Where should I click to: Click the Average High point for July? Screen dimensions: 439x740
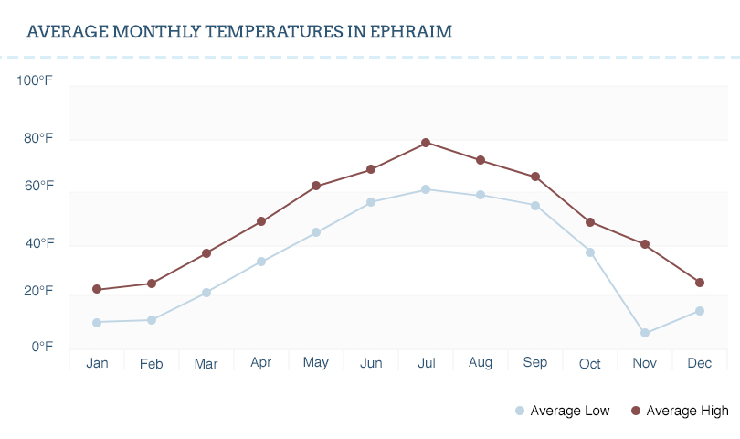coord(426,143)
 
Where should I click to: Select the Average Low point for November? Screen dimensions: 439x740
coord(645,333)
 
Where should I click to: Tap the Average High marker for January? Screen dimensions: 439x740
coord(97,289)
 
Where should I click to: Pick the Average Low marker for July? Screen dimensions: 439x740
coord(426,189)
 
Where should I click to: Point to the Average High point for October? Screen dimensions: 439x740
coord(590,222)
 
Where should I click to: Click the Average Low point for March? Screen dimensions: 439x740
coord(206,293)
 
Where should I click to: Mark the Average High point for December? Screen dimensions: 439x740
coord(700,283)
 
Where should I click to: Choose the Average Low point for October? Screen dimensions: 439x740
coord(590,252)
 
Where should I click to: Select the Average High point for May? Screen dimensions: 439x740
coord(316,186)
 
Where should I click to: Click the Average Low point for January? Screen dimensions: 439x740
coord(97,322)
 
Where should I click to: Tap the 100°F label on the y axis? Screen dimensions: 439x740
coord(35,81)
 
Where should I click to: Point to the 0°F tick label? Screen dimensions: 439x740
coord(42,347)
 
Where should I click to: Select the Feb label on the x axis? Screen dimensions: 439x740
coord(152,364)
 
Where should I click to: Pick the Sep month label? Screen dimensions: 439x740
coord(535,363)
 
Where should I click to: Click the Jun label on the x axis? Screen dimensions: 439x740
coord(371,363)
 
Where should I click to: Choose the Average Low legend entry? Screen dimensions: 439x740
coord(563,411)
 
